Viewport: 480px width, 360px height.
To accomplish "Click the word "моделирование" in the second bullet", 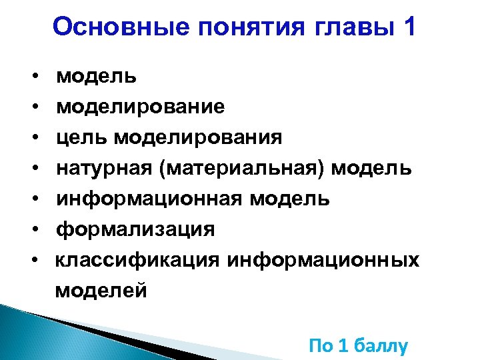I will (141, 107).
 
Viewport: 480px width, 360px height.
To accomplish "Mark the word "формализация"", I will (135, 229).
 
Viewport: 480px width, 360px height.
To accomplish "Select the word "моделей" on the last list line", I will (101, 291).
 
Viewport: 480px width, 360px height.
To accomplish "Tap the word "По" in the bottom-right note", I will (320, 346).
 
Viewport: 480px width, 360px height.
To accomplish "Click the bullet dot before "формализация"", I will (33, 230).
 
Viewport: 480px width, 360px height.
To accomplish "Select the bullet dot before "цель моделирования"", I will (33, 138).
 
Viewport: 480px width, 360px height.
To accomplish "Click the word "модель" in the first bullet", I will (97, 76).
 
